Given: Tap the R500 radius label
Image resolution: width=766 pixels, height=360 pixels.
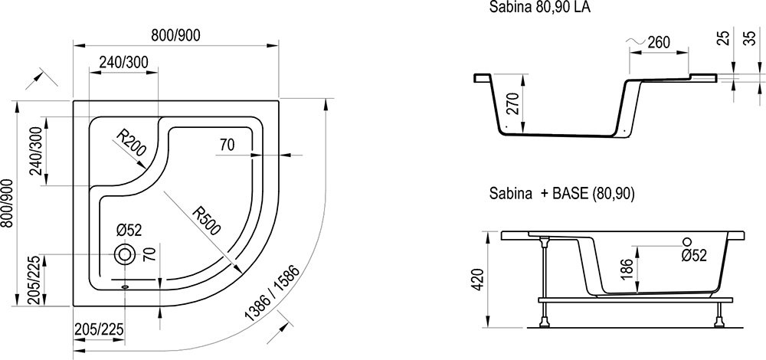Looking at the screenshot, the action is coord(206,221).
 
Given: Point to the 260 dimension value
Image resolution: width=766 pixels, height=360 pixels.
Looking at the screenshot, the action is coord(659,42).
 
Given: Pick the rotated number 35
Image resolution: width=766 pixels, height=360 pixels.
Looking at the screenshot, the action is coord(749,38).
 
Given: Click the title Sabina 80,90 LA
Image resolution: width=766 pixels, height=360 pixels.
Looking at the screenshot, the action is coord(539,8).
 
